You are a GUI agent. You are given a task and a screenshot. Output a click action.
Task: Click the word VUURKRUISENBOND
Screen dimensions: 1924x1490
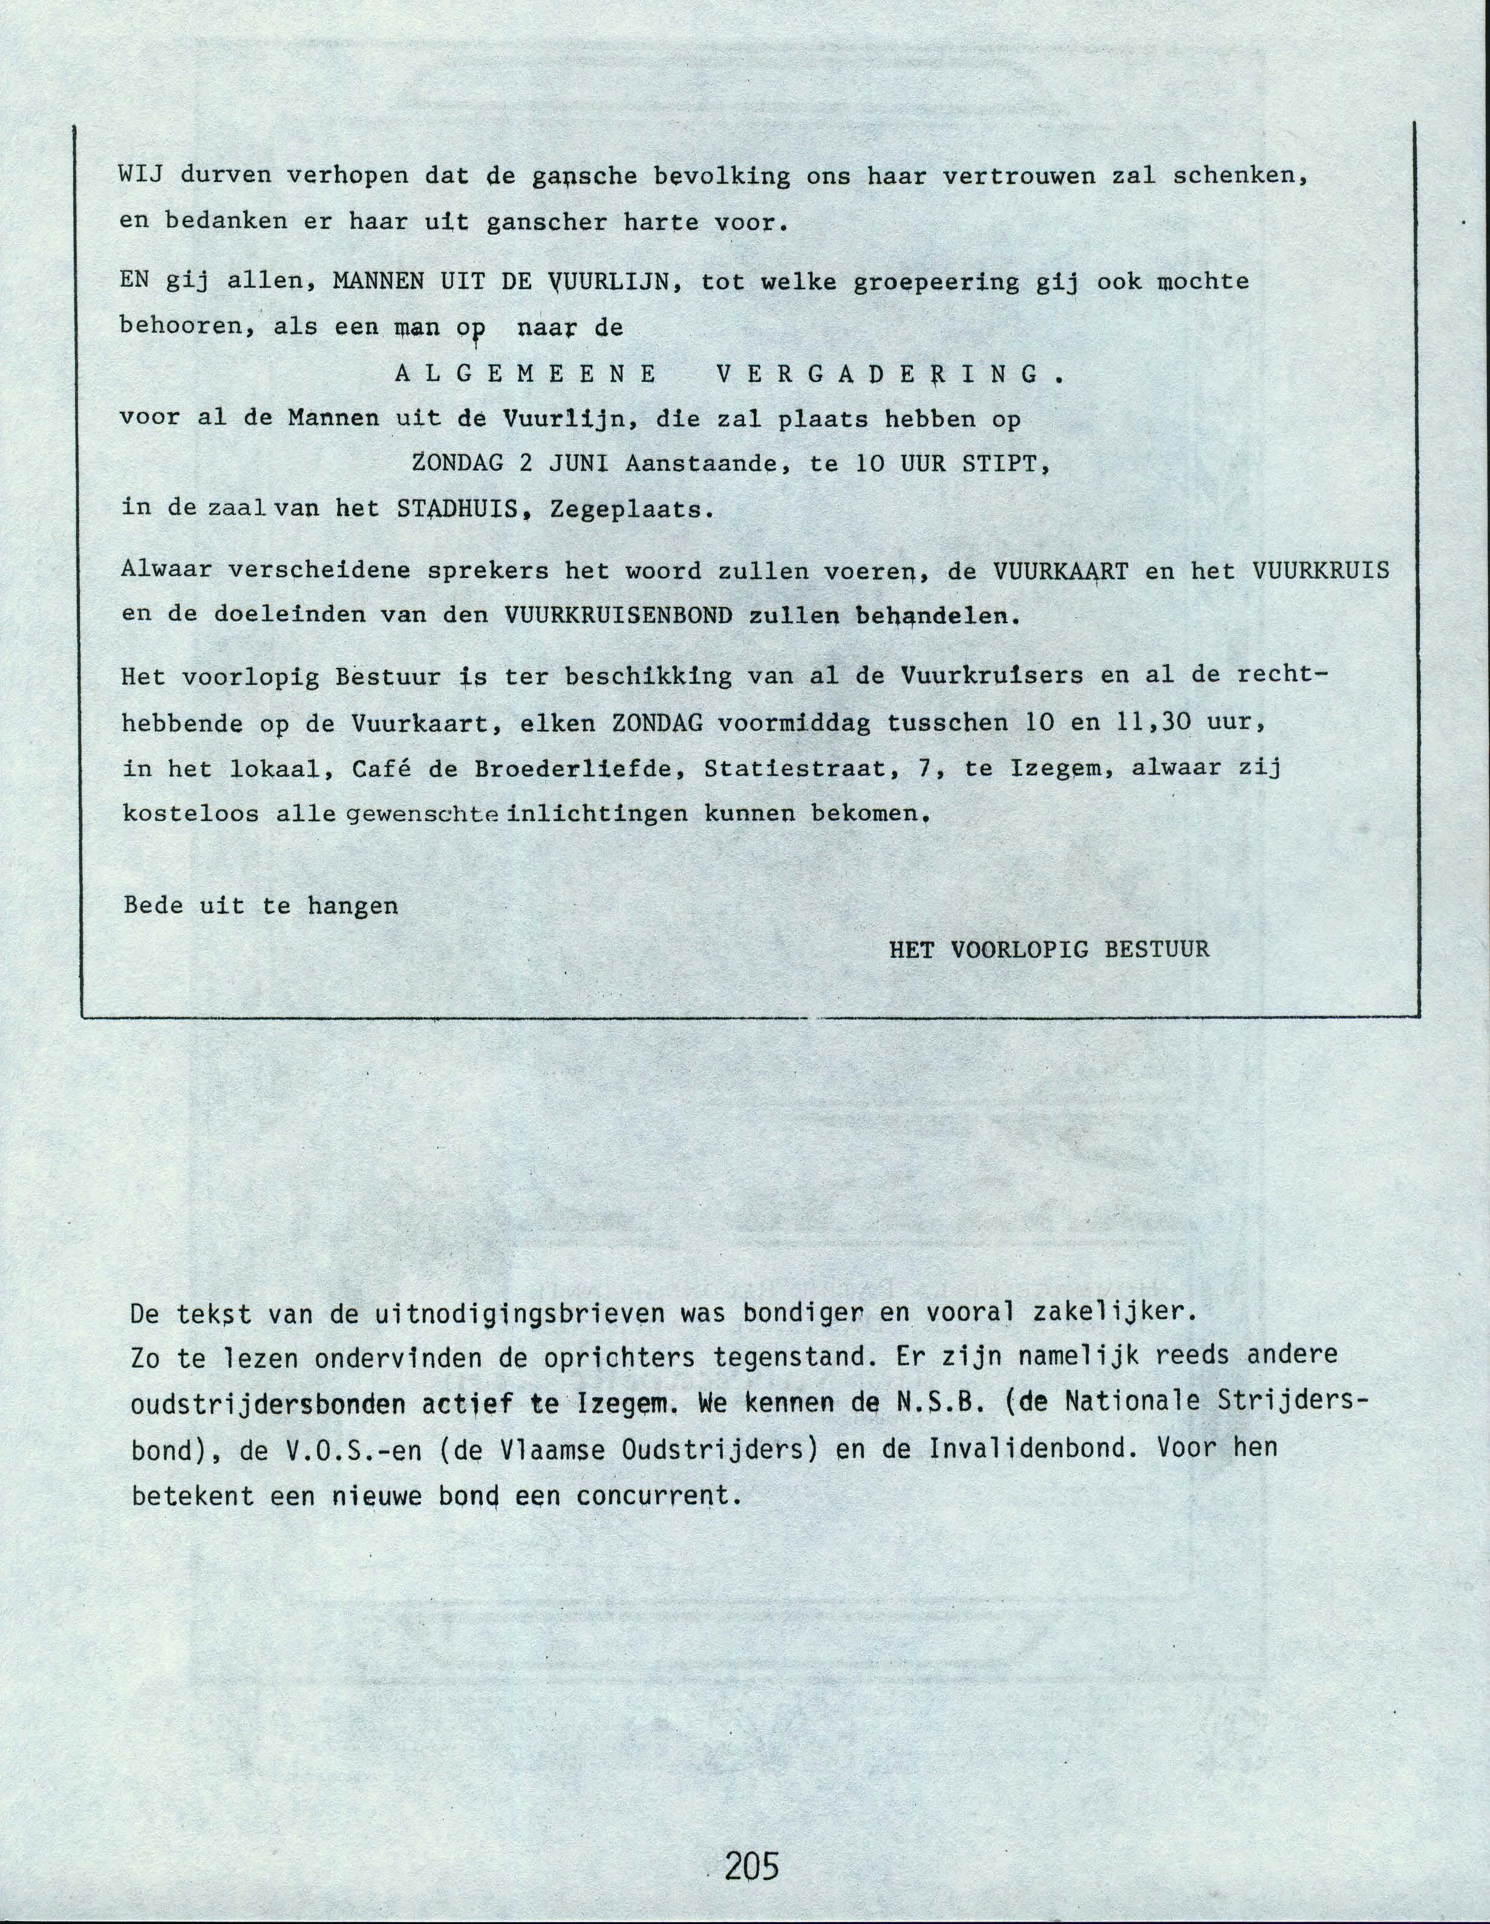point(619,616)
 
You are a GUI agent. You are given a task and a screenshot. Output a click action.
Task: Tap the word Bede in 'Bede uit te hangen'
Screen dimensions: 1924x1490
point(153,905)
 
